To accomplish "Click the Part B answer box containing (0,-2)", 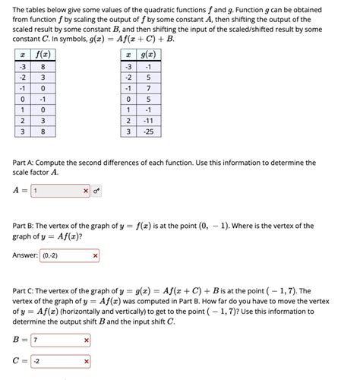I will [63, 255].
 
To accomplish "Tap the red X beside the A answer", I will [86, 191].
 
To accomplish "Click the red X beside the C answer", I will [87, 361].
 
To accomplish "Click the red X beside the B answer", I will [87, 340].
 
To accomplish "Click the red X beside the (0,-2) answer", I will [95, 255].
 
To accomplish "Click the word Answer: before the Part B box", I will [25, 255].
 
